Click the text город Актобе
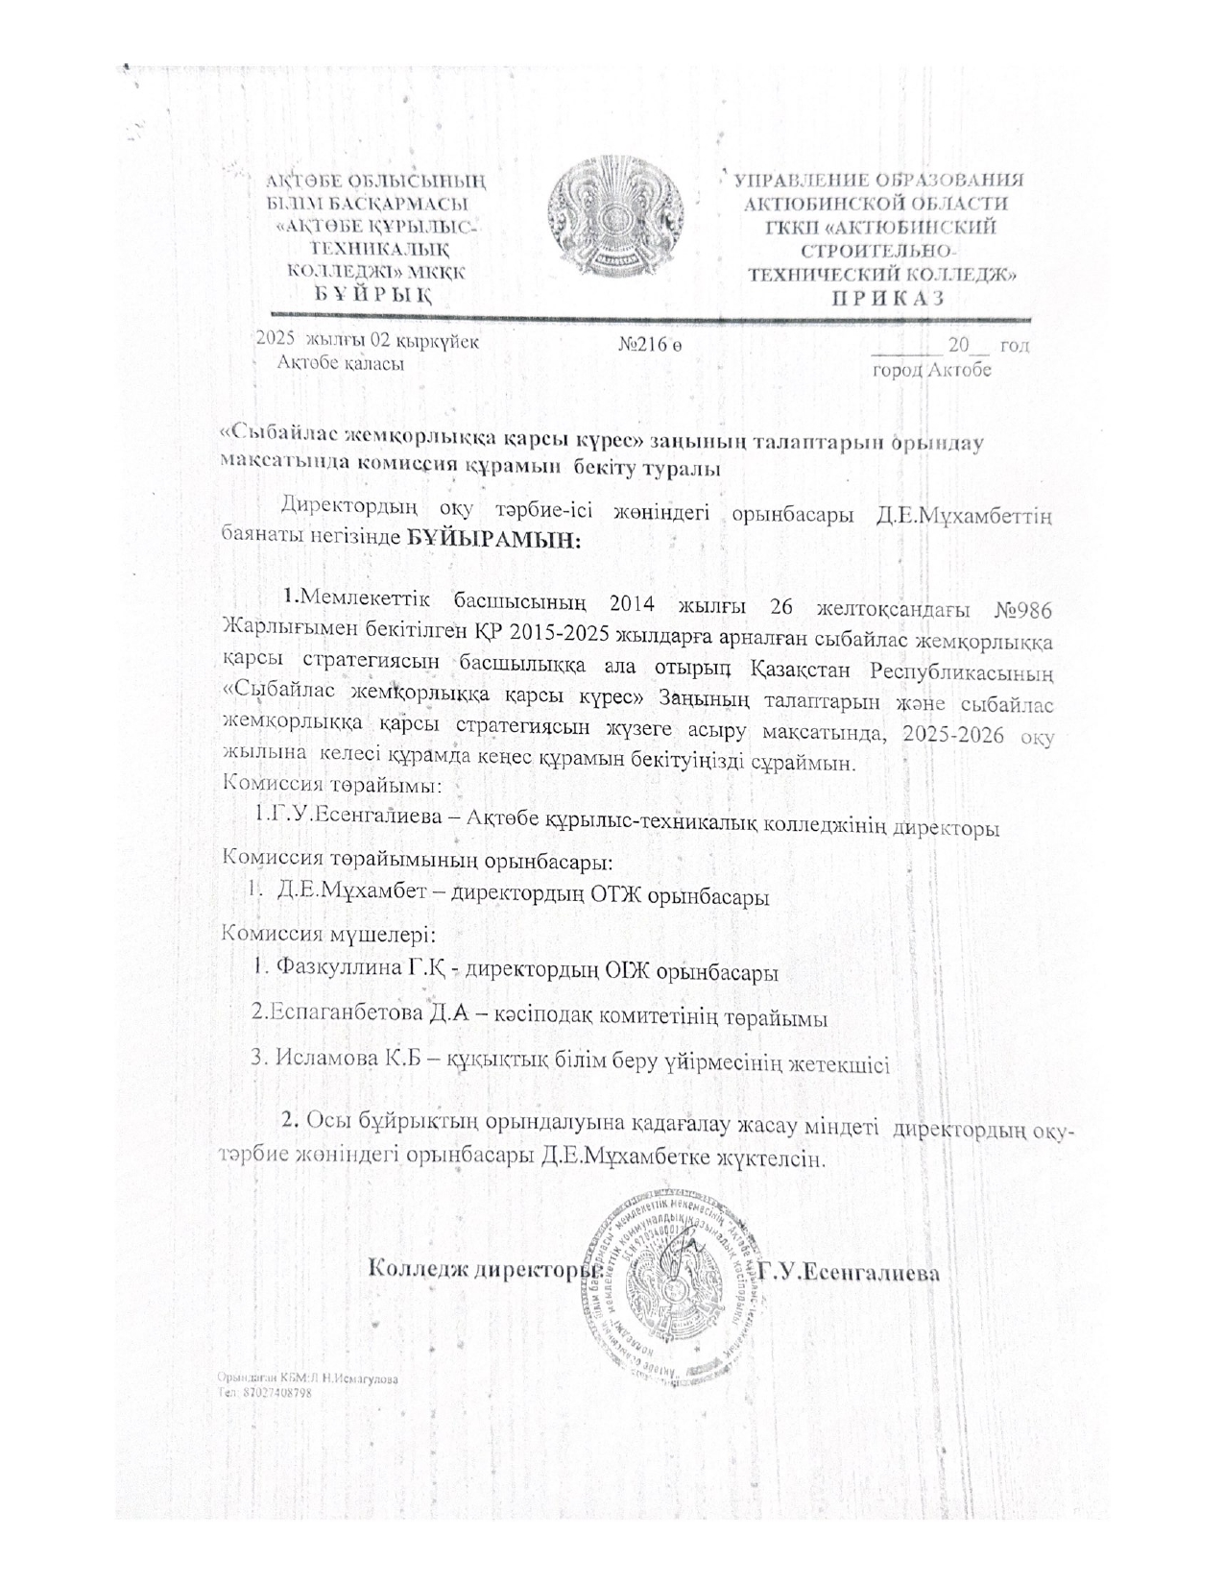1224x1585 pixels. point(930,369)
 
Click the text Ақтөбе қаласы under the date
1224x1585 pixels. point(340,363)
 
